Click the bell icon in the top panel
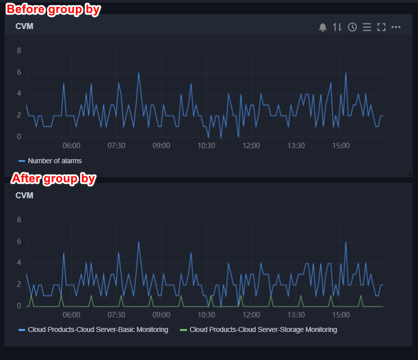pos(323,27)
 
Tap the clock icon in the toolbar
pos(352,27)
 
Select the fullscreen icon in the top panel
pos(381,27)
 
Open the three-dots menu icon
pos(396,27)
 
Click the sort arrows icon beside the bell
pos(337,27)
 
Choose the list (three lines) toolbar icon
pos(367,27)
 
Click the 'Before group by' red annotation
pos(53,10)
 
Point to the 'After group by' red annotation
pos(53,178)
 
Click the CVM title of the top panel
pos(25,27)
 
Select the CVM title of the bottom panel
pos(25,195)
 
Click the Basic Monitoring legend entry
pos(98,329)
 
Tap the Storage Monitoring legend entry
pos(263,329)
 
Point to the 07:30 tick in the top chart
pos(116,146)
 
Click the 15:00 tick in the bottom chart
pos(341,315)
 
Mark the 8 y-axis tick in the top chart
pos(19,51)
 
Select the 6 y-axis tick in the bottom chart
pos(19,241)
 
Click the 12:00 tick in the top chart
pos(251,146)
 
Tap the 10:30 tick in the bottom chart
pos(206,315)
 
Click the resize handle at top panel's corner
pos(409,174)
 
